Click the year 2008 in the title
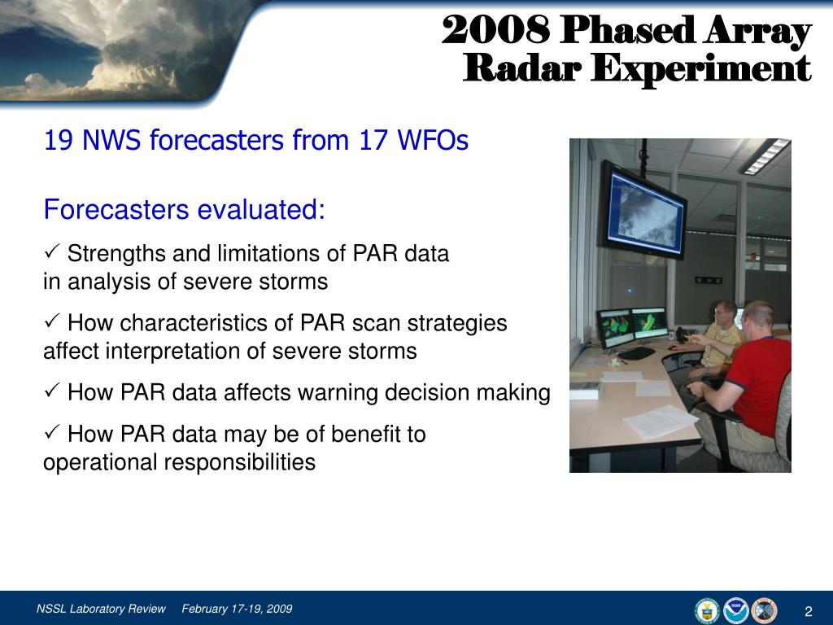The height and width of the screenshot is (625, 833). click(495, 30)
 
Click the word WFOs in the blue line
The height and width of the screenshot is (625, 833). click(433, 140)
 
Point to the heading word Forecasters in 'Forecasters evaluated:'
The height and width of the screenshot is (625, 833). click(116, 209)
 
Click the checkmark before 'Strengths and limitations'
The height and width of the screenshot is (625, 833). click(51, 252)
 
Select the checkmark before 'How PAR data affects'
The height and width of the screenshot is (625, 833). click(51, 391)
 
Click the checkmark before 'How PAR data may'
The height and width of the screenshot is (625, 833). click(51, 432)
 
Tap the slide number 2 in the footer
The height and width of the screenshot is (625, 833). click(809, 611)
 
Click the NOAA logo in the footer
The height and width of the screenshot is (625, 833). click(736, 610)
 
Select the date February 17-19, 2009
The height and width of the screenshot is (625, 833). click(237, 609)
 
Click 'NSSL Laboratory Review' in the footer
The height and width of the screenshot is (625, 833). click(102, 609)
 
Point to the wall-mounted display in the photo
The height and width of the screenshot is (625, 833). click(643, 211)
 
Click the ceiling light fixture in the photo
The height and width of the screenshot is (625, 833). click(766, 156)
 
